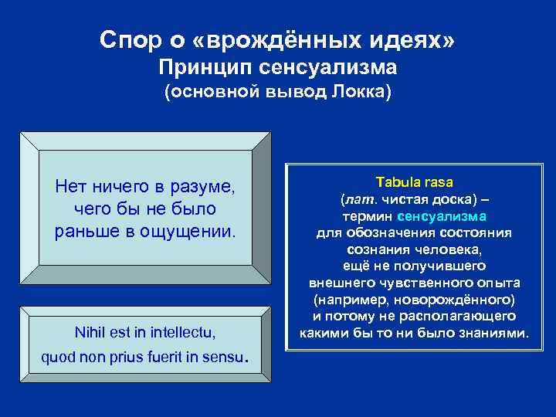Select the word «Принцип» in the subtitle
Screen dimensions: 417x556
click(x=204, y=68)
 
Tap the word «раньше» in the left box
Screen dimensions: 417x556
click(x=83, y=232)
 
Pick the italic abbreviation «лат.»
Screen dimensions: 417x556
click(x=359, y=199)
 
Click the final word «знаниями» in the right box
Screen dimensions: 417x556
click(x=494, y=334)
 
